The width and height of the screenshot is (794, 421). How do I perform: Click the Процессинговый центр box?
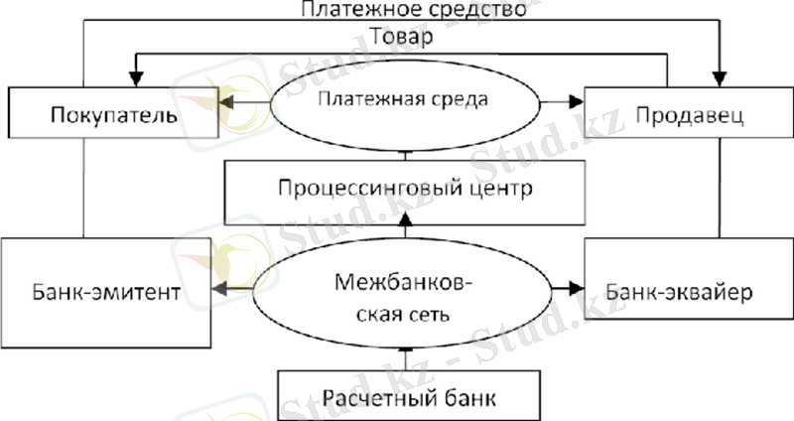405,189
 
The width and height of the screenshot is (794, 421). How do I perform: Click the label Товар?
405,37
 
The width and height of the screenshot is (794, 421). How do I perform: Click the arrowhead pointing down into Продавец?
722,77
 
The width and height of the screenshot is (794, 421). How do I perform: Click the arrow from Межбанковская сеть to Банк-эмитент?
231,288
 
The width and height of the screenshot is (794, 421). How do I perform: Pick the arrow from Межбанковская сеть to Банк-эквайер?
565,288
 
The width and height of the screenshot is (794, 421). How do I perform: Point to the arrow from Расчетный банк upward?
405,355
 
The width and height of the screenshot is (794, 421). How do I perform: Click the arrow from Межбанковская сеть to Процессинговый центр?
405,234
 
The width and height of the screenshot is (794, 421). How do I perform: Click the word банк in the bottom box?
468,398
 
